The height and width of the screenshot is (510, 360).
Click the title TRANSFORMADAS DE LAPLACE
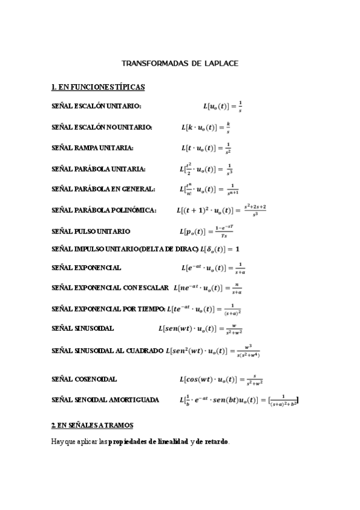pos(180,63)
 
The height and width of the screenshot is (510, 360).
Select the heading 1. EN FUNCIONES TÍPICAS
pos(99,88)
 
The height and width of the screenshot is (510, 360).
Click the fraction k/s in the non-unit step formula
pos(228,127)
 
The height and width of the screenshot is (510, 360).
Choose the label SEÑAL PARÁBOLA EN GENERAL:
pos(103,189)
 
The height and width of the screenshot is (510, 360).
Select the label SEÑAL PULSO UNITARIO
pos(91,231)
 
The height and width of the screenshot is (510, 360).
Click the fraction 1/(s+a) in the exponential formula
pos(240,268)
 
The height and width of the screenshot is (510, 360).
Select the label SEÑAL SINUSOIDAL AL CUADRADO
pos(108,351)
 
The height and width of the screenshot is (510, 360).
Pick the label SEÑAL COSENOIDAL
pos(85,379)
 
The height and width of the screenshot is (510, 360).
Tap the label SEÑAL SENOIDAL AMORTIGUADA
pos(106,399)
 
